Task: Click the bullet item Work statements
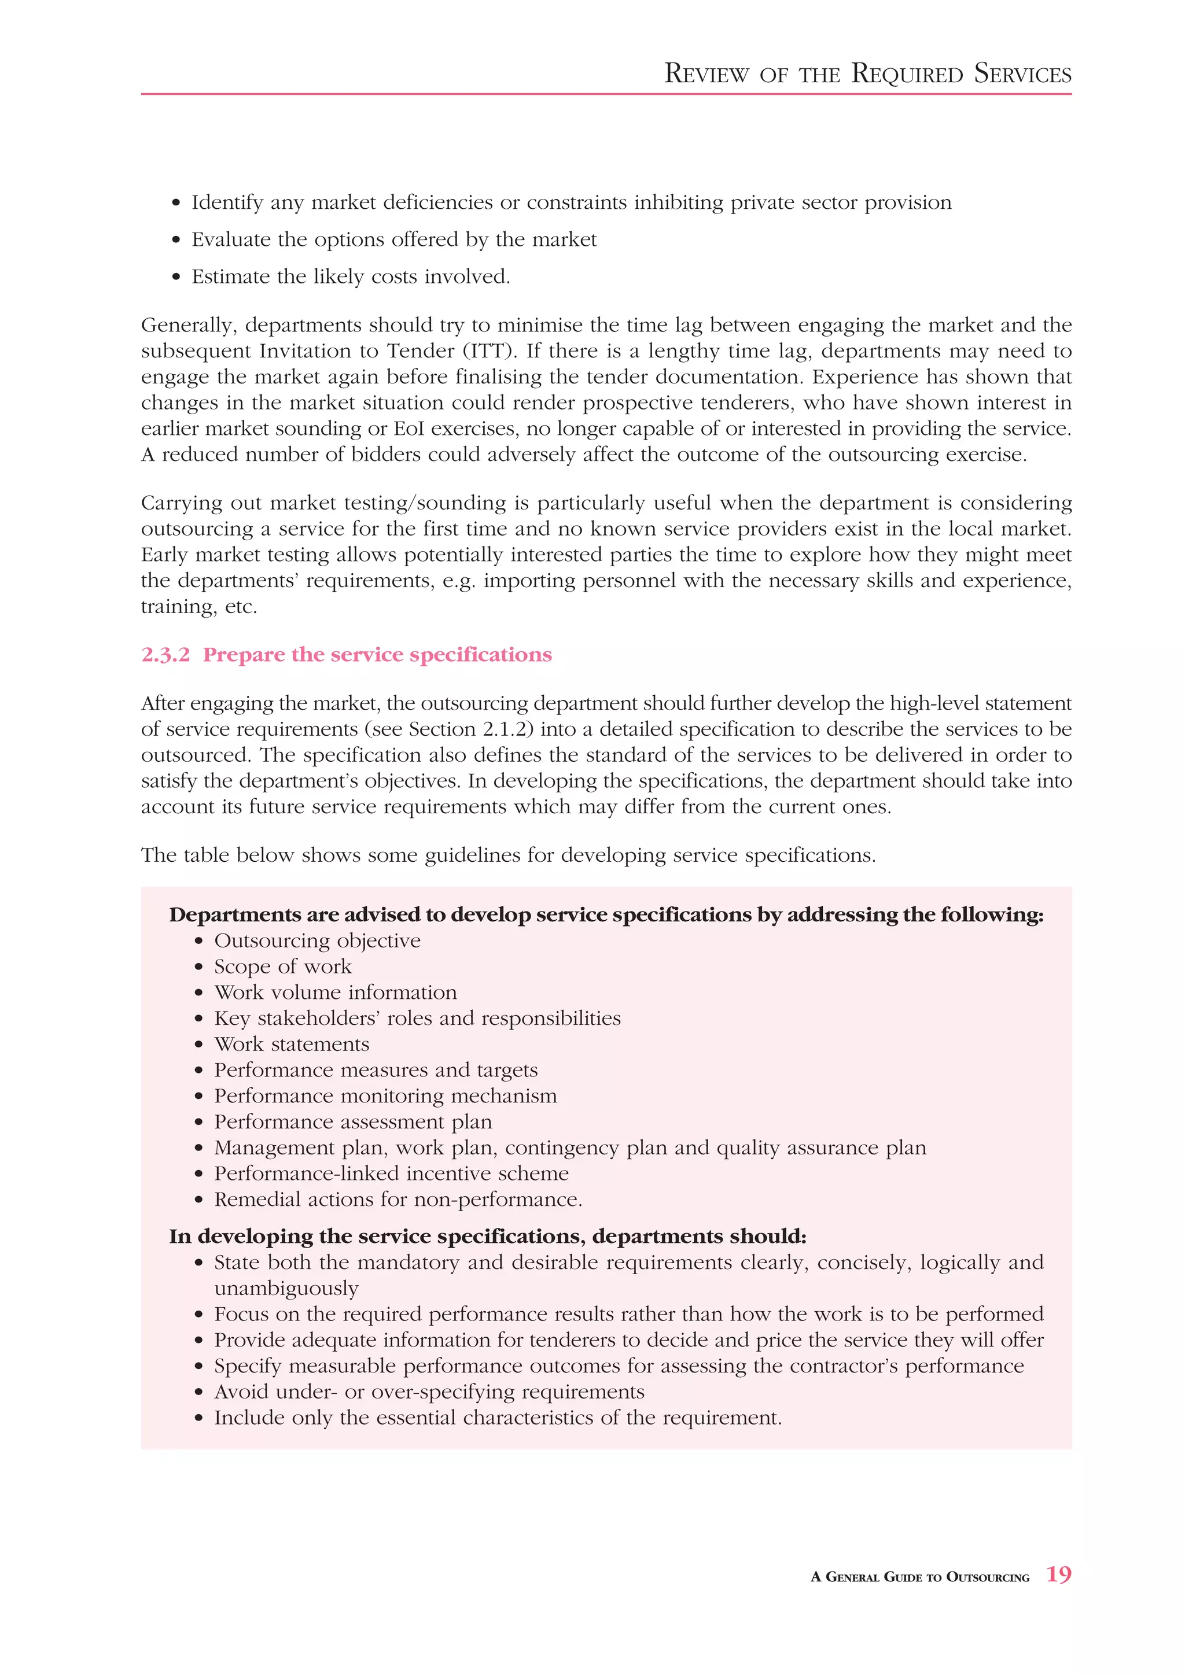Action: [x=291, y=1044]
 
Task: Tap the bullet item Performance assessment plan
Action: [x=352, y=1121]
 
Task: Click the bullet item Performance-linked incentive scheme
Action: [x=391, y=1173]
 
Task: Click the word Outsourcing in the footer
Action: [x=987, y=1577]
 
